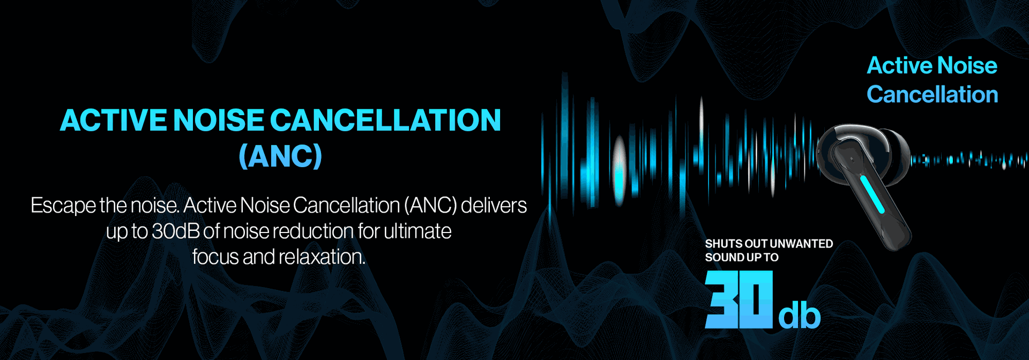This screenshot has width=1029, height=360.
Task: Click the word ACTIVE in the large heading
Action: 114,120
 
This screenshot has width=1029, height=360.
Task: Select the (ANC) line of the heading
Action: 280,156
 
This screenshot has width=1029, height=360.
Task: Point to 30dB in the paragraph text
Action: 176,231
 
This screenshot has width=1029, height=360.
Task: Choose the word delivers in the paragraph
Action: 494,206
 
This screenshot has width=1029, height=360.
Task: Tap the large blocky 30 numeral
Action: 739,299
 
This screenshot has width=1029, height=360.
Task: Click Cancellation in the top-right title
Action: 933,94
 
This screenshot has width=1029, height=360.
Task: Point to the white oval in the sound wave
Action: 620,170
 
